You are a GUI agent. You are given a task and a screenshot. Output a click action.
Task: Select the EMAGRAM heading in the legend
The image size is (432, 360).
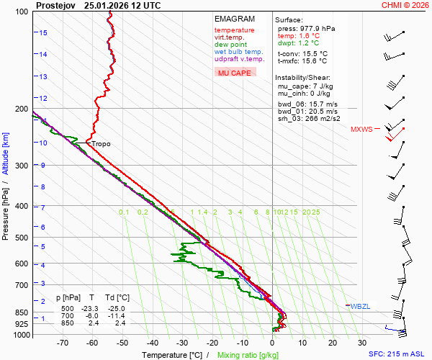pyautogui.click(x=235, y=19)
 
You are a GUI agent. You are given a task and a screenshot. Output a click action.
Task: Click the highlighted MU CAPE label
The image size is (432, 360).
pyautogui.click(x=235, y=73)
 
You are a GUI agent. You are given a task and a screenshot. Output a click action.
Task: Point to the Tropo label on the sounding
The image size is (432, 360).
pyautogui.click(x=101, y=144)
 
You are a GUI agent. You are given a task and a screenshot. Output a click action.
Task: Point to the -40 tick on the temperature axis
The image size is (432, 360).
pyautogui.click(x=153, y=343)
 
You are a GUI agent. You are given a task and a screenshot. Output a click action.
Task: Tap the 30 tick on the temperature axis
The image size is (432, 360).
pyautogui.click(x=362, y=343)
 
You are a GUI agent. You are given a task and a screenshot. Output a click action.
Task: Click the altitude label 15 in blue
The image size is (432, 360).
pyautogui.click(x=43, y=33)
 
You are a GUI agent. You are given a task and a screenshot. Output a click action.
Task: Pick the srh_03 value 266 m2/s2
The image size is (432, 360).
pyautogui.click(x=321, y=119)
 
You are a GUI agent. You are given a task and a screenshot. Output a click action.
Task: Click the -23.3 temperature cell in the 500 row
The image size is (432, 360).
pyautogui.click(x=91, y=308)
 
